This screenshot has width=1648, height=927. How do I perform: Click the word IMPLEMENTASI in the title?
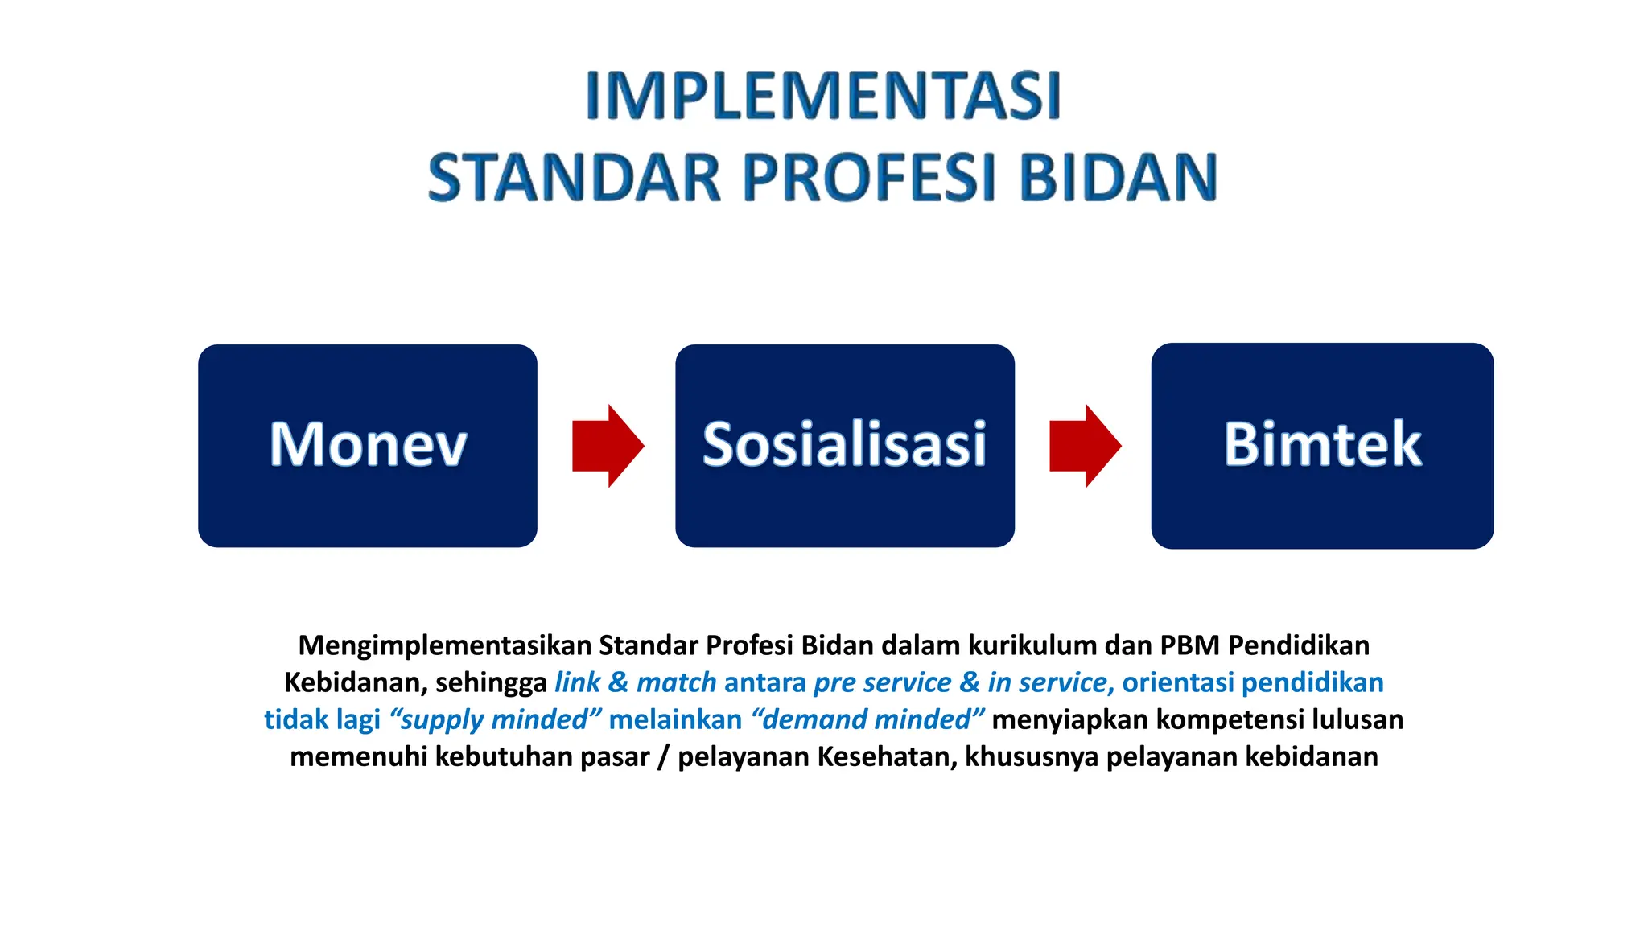pyautogui.click(x=822, y=96)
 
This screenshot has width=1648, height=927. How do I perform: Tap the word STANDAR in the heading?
pyautogui.click(x=574, y=178)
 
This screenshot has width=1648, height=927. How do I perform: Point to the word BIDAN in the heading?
pyautogui.click(x=1119, y=178)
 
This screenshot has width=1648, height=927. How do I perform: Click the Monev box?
pyautogui.click(x=368, y=446)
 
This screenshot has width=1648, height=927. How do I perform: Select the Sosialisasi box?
pyautogui.click(x=844, y=446)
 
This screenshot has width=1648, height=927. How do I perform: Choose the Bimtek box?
pyautogui.click(x=1322, y=446)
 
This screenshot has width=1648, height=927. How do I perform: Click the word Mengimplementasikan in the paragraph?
pyautogui.click(x=444, y=646)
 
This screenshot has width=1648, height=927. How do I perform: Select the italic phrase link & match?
pyautogui.click(x=635, y=683)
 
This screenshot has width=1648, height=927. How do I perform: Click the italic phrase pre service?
pyautogui.click(x=882, y=683)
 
